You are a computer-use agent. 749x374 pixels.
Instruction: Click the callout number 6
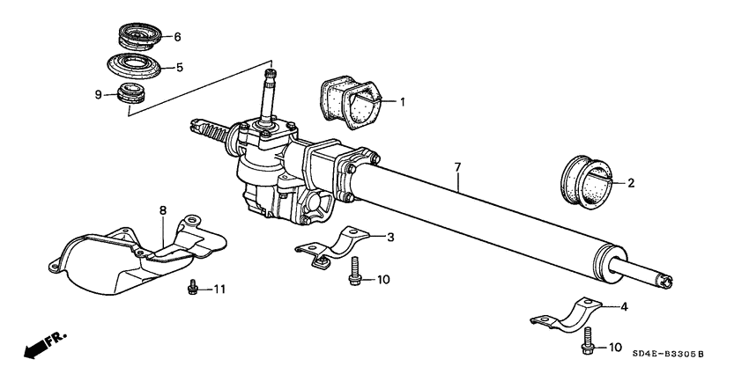[177, 37]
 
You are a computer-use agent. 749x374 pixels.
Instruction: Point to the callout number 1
[402, 102]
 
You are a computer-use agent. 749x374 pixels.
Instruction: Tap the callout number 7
[457, 166]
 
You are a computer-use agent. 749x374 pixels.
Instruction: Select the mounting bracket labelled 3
[327, 247]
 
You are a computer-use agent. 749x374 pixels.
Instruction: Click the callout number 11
[220, 289]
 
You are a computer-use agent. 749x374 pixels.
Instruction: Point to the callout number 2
[630, 184]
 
